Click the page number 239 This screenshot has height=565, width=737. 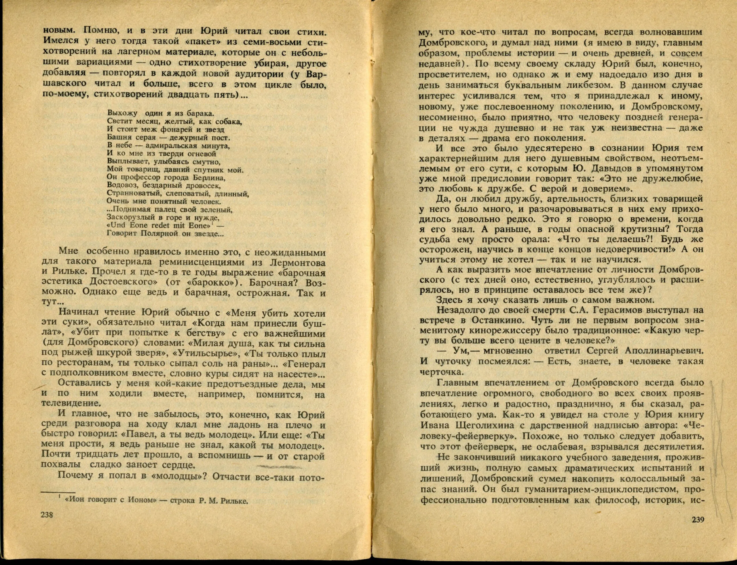point(697,529)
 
